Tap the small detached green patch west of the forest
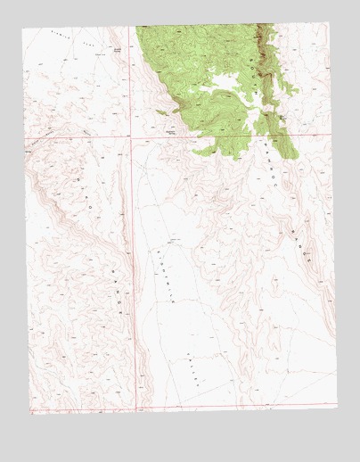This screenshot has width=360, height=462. pos(161,112)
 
